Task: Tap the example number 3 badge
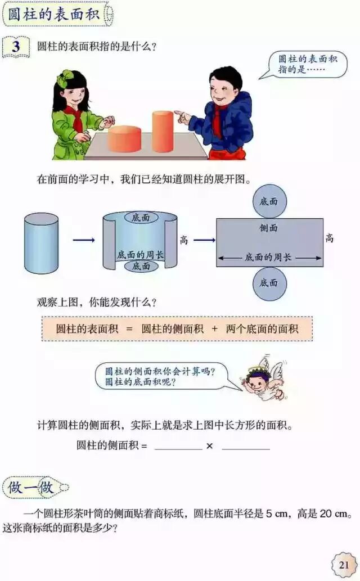tap(16, 46)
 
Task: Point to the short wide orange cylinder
tap(124, 139)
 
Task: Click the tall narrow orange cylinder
tap(163, 131)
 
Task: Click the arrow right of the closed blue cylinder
tap(84, 240)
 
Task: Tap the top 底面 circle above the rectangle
tap(269, 201)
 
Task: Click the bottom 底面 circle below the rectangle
tap(269, 283)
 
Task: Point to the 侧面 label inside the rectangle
tap(269, 228)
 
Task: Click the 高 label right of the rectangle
tap(329, 238)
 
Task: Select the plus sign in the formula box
tap(214, 329)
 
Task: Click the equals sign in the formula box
tap(129, 329)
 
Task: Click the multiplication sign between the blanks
tap(209, 446)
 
